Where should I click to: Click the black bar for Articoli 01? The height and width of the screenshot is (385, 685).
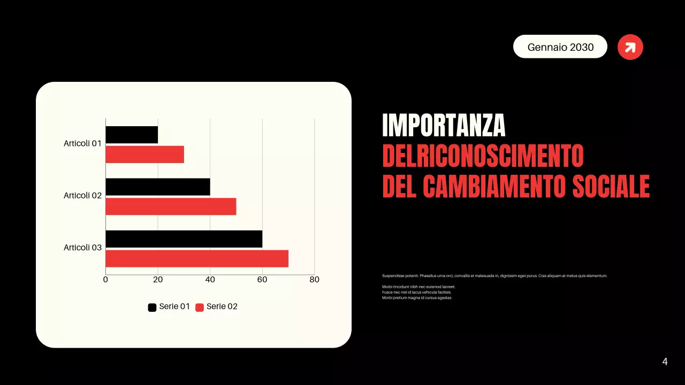coord(132,135)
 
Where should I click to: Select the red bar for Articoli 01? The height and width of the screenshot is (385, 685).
coord(144,155)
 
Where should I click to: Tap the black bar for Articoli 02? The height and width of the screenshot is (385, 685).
coord(158,187)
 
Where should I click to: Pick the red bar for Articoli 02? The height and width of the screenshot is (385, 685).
coord(171,206)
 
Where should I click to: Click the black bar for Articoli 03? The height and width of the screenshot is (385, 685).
coord(184,239)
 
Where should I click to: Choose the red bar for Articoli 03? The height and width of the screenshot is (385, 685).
coord(197,259)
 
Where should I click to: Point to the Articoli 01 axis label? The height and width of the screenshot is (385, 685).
coord(82,143)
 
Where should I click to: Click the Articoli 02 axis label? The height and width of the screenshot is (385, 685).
coord(82,196)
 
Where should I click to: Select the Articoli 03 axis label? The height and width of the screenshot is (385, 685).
coord(82,248)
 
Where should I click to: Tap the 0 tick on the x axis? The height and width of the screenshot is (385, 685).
coord(105,280)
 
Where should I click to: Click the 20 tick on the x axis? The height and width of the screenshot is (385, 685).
coord(158,280)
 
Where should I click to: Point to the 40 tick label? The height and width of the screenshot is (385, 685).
coord(210,280)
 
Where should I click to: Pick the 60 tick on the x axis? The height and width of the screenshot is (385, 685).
coord(262,280)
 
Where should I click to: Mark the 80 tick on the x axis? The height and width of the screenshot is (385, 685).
coord(314,280)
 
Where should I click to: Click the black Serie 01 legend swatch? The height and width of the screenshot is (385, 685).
coord(152,307)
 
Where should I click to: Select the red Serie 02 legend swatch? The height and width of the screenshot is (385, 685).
coord(200,307)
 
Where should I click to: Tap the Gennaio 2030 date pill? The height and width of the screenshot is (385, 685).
coord(560,47)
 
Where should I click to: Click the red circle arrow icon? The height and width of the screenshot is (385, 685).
coord(630,47)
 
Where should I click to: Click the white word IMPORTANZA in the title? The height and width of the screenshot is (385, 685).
coord(444,126)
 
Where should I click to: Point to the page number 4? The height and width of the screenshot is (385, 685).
coord(665,362)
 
